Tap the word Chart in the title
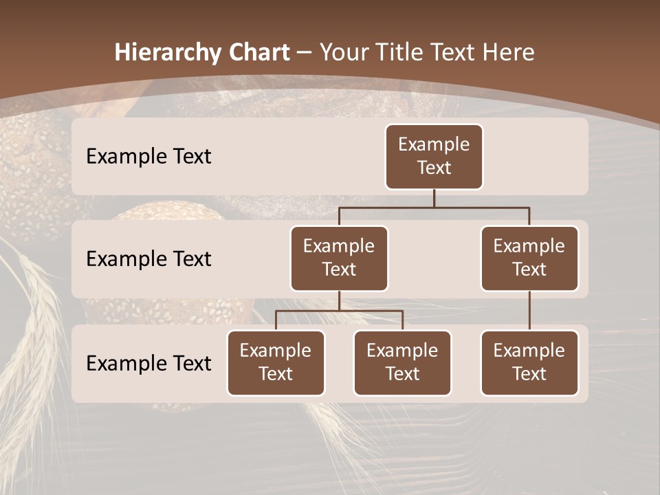tap(258, 53)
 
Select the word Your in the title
tap(344, 53)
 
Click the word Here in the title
tap(507, 53)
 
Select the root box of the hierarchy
tap(434, 157)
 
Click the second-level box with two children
tap(339, 258)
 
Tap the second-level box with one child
tap(529, 258)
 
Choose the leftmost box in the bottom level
tap(276, 363)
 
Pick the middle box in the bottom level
tap(402, 363)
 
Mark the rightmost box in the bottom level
tap(529, 363)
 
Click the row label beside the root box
tap(148, 157)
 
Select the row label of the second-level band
tap(148, 259)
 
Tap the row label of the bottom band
tap(148, 364)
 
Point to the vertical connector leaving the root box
tap(434, 198)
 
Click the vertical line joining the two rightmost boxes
tap(529, 311)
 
